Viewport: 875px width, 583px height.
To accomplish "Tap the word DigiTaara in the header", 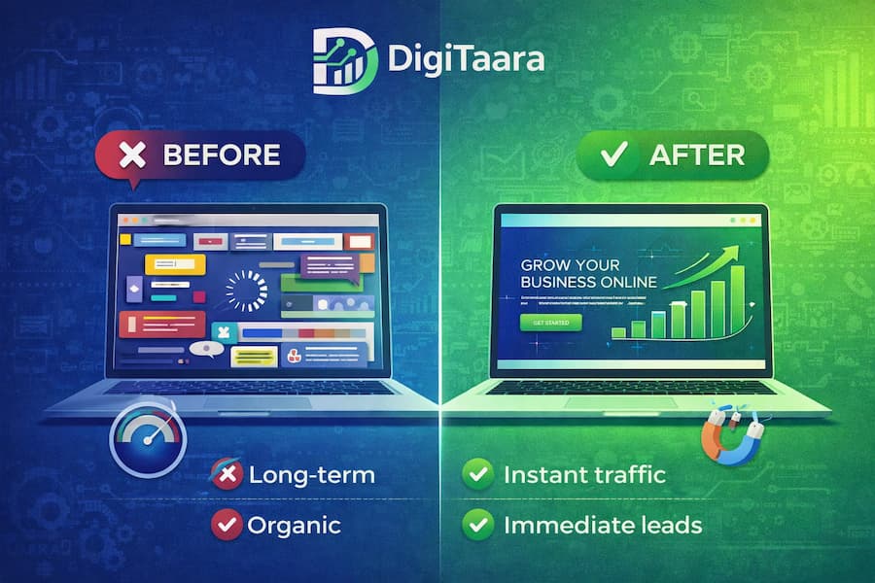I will coord(465,60).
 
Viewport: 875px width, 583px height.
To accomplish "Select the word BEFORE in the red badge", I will coord(221,154).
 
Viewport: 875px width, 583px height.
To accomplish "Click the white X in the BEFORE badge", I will coord(130,155).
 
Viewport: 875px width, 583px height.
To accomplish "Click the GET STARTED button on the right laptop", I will coord(550,322).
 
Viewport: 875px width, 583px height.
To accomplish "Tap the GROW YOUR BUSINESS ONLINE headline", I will coord(587,273).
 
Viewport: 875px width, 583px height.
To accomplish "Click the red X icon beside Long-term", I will coord(227,475).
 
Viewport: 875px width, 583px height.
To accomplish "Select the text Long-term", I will coord(311,475).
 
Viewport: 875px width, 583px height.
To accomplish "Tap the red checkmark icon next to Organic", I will coord(227,525).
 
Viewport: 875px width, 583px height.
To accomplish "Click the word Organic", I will coord(294,525).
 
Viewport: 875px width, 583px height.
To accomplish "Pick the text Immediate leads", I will coord(602,525).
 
